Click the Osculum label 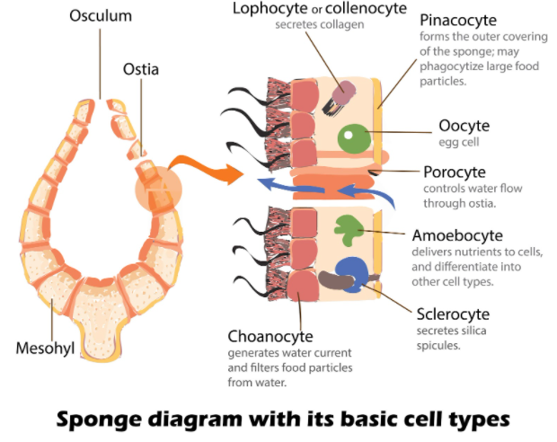pyautogui.click(x=100, y=16)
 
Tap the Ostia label pyautogui.click(x=141, y=68)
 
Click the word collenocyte pyautogui.click(x=358, y=8)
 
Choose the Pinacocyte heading pyautogui.click(x=460, y=19)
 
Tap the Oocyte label pyautogui.click(x=464, y=126)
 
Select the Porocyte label pyautogui.click(x=455, y=172)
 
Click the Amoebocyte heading pyautogui.click(x=459, y=235)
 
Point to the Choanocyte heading pyautogui.click(x=270, y=336)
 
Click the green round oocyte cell pyautogui.click(x=353, y=137)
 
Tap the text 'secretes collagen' pyautogui.click(x=321, y=24)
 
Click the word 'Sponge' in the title pyautogui.click(x=100, y=419)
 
